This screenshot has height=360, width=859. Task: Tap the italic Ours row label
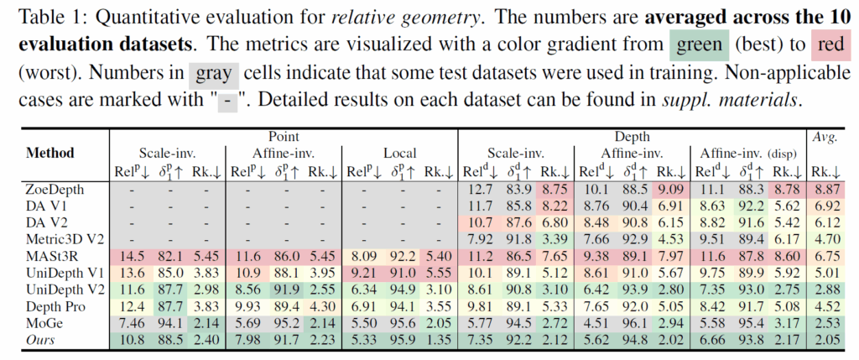41,340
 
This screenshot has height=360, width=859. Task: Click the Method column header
50,153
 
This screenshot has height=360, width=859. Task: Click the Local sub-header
401,153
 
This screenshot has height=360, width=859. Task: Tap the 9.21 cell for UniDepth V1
363,273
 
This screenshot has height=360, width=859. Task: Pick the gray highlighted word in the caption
214,73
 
